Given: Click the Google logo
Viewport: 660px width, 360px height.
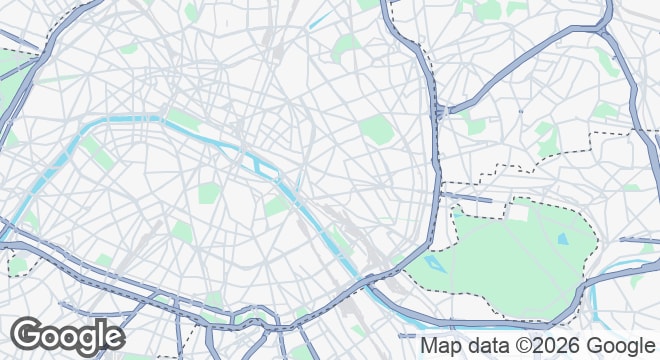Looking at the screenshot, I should coord(67,336).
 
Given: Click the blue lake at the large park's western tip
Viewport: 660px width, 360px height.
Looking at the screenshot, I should coord(433,264).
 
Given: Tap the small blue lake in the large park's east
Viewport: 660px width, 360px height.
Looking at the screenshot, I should coord(563,240).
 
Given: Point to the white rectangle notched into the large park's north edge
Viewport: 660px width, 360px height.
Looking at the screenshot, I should coord(518,210).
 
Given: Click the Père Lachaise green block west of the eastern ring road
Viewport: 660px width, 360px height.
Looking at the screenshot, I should coord(377,129).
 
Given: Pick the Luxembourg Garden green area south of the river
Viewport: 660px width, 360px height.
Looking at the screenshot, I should coord(209,193).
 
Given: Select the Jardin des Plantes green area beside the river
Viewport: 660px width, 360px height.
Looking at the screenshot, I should coord(276,207).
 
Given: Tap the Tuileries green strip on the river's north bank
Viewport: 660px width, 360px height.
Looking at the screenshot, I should coord(181,120).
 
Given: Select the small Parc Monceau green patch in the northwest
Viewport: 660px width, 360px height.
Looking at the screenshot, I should coord(128,46).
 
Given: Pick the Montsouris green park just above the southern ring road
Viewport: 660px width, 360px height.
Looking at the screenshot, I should coord(213,300).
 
